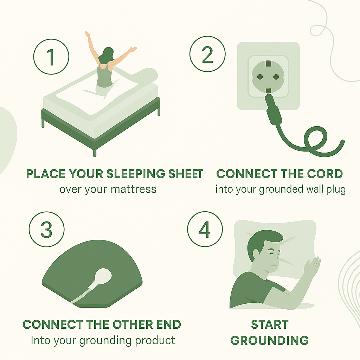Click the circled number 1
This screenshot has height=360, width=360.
point(51,57)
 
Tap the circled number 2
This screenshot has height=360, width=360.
point(207,54)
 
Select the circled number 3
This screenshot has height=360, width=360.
point(47,229)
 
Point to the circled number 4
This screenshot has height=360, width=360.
point(205,229)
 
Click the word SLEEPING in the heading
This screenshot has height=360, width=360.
point(136,174)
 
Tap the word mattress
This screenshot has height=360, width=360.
point(134,189)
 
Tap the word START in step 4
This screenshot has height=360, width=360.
point(270,324)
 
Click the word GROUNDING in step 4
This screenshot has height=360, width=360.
point(270,340)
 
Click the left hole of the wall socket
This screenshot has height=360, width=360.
point(260,77)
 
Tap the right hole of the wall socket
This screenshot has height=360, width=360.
point(276,77)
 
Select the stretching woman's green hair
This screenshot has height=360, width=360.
point(106,56)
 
